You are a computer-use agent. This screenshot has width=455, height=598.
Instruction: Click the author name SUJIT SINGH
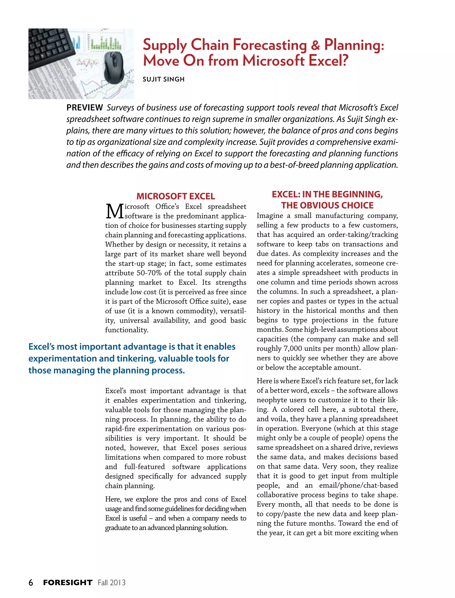click(164, 79)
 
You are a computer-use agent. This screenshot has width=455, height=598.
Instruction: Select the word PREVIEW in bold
click(84, 108)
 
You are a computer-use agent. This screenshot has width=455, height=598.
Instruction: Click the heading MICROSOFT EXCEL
click(176, 196)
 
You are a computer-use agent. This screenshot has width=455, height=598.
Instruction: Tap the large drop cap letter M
click(114, 212)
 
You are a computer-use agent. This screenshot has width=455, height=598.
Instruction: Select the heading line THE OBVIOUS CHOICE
click(327, 205)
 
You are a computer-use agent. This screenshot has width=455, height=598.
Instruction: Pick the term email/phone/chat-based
click(358, 485)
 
